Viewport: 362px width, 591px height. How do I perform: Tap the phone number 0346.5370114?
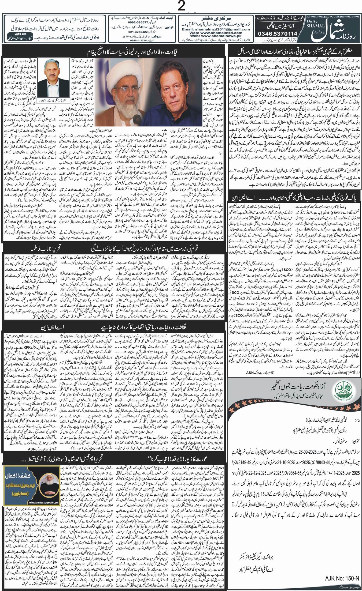(277, 33)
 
